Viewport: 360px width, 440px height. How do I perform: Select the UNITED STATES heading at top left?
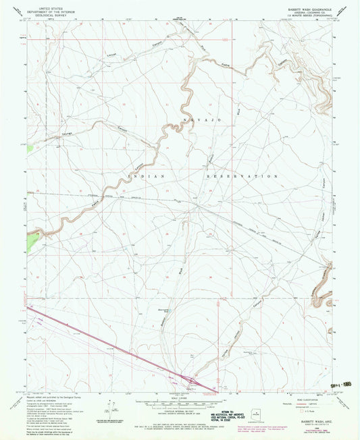point(59,6)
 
